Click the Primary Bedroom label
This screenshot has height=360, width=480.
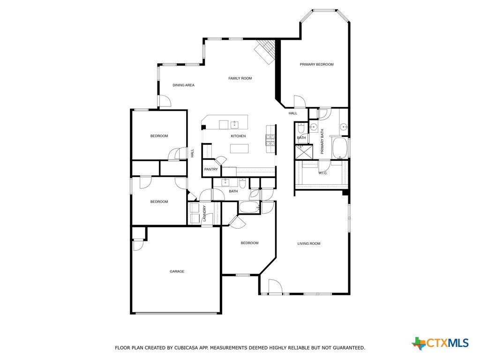[x=316, y=64]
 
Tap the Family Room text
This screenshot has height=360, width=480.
[x=240, y=78]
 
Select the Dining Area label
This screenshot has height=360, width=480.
[x=183, y=85]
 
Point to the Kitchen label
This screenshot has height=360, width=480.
[x=238, y=136]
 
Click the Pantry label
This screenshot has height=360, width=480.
[x=211, y=169]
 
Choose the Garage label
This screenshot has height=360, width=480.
[x=177, y=271]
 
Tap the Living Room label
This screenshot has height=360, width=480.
[x=309, y=244]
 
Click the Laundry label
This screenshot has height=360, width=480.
[x=204, y=213]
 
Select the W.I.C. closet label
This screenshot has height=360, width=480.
[x=323, y=173]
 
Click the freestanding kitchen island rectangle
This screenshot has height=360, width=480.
[x=240, y=149]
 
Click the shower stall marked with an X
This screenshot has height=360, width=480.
[x=304, y=151]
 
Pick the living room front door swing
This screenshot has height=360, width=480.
[x=275, y=286]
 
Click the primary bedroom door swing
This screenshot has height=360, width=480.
[x=300, y=101]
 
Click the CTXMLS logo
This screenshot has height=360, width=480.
[x=441, y=343]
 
